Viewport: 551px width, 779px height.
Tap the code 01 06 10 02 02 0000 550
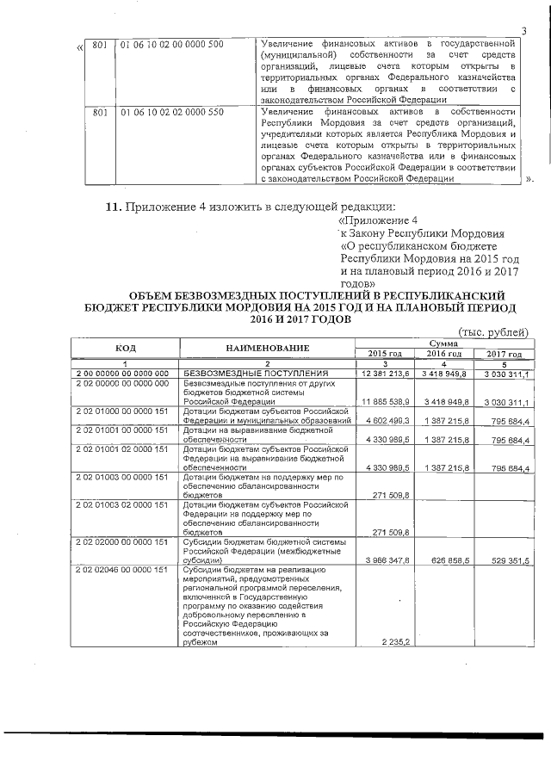coord(171,112)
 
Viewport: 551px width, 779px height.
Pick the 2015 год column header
coord(385,354)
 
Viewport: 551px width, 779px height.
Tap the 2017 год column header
coord(504,354)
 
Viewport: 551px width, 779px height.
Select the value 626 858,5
coord(444,558)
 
